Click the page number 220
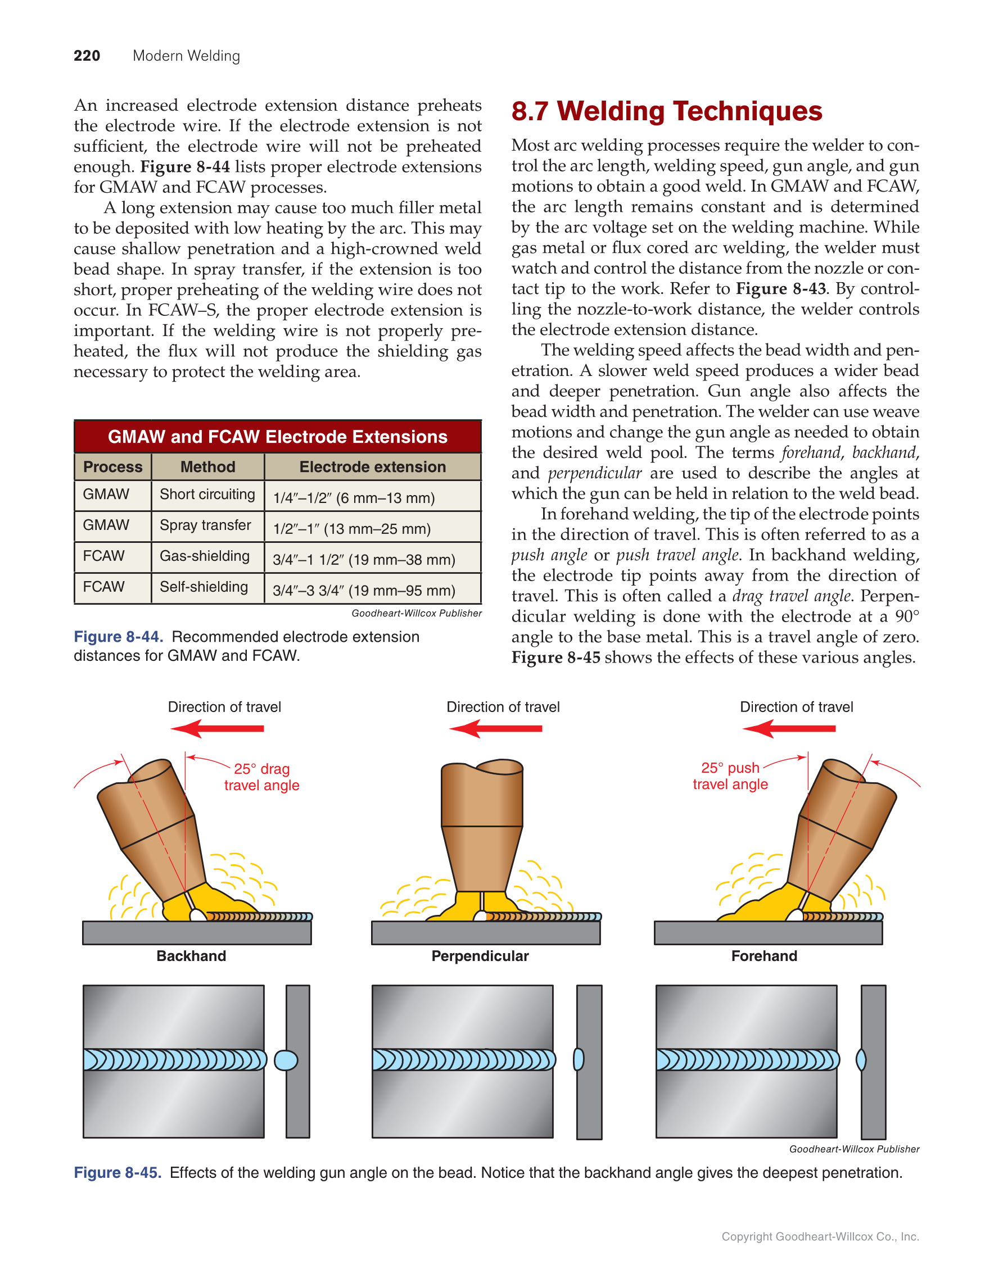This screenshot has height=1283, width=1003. pos(87,56)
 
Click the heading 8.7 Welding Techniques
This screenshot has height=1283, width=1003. pos(666,111)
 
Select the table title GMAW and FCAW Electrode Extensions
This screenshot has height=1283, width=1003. pos(277,437)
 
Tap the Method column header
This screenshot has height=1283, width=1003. pos(207,466)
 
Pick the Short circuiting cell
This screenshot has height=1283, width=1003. pos(207,495)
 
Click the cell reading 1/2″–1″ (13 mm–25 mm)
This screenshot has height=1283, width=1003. pos(351,529)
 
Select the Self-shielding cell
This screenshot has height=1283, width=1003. pos(204,587)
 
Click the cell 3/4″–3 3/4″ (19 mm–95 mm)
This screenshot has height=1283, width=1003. pos(364,591)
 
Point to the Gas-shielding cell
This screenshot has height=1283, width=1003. pos(205,556)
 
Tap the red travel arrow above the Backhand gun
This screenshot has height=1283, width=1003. pos(217,729)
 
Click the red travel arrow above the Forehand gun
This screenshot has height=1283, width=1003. pos(789,729)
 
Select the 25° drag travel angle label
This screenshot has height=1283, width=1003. pos(261,777)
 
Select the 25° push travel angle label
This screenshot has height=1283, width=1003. pos(730,776)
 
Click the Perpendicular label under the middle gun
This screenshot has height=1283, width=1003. pos(480,956)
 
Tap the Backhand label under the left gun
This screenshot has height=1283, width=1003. pos(191,956)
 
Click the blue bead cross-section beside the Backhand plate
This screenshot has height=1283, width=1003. pos(286,1060)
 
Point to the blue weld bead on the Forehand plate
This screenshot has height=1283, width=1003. pos(747,1060)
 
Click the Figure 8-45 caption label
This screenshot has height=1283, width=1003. pos(118,1172)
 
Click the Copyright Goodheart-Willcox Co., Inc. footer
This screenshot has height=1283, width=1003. pos(820,1236)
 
